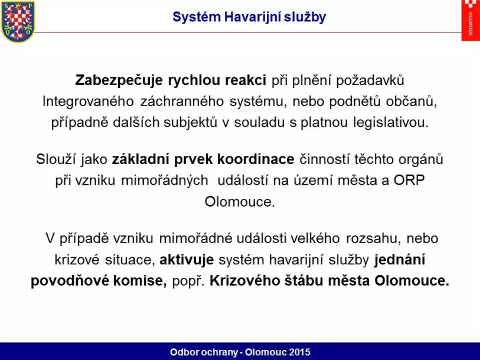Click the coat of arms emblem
pyautogui.click(x=18, y=21)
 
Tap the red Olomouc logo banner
pyautogui.click(x=471, y=20)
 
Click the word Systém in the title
pyautogui.click(x=197, y=17)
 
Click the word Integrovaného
pyautogui.click(x=88, y=102)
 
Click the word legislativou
pyautogui.click(x=391, y=122)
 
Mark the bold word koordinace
pyautogui.click(x=256, y=159)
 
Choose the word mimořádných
pyautogui.click(x=165, y=181)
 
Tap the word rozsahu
pyautogui.click(x=374, y=238)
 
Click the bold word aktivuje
pyautogui.click(x=187, y=260)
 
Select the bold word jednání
pyautogui.click(x=400, y=260)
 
